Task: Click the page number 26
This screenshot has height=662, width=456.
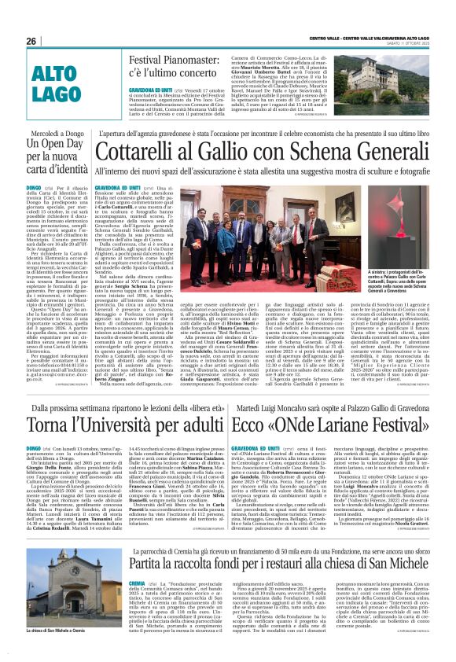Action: click(31, 41)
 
